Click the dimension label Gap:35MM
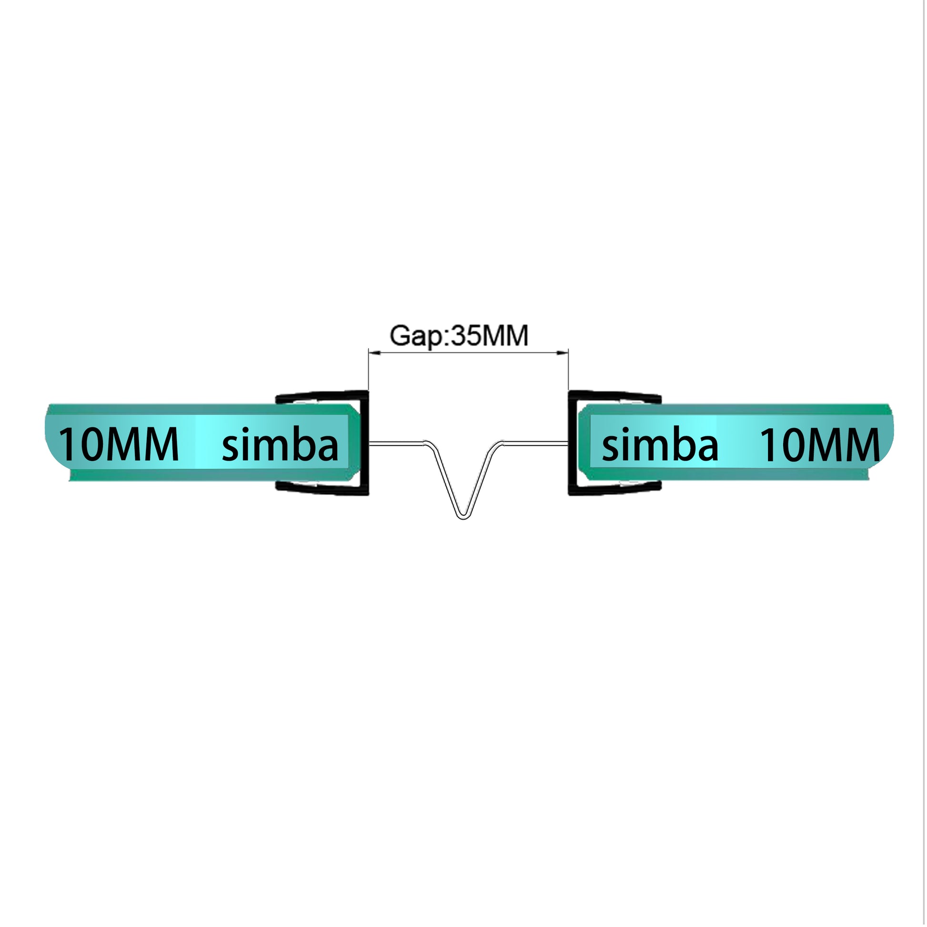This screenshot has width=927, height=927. tap(459, 336)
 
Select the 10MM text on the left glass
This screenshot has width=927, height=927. tap(119, 445)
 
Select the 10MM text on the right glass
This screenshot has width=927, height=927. tap(819, 445)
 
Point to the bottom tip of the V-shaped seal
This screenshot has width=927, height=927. tap(463, 518)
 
